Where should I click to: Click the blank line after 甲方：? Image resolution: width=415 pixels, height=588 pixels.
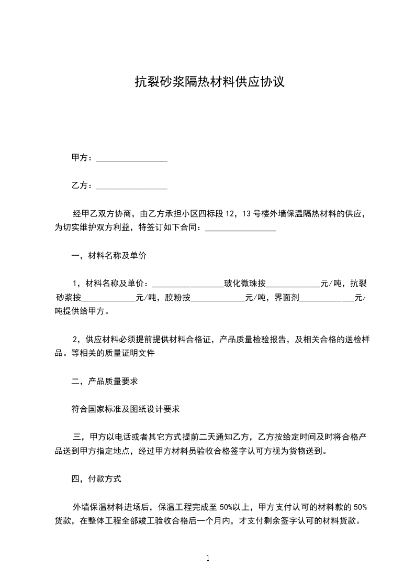tap(132, 158)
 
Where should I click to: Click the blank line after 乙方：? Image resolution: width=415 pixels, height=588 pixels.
tap(132, 186)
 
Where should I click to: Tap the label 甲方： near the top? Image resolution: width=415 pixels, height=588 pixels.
tap(83, 158)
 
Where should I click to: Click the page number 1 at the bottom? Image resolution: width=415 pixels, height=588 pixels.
tap(208, 559)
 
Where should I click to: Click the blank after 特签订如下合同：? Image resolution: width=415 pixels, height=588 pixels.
tap(240, 228)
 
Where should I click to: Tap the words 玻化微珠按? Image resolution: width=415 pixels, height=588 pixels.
tap(245, 284)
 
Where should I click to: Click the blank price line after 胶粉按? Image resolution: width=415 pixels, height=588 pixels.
tap(218, 298)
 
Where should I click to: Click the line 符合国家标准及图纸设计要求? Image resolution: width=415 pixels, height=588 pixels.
tap(126, 409)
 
